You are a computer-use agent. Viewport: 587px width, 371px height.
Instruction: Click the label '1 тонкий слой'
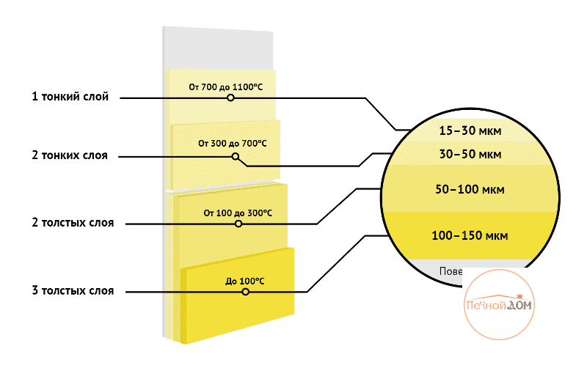point(70,97)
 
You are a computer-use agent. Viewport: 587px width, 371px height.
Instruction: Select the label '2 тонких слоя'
point(70,155)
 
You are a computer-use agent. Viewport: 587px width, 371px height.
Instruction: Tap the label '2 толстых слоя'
point(73,222)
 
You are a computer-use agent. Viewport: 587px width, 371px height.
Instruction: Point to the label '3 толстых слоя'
point(73,291)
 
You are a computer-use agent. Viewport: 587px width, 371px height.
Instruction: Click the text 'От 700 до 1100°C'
point(225,87)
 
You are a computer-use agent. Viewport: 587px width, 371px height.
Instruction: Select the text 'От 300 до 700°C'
point(232,144)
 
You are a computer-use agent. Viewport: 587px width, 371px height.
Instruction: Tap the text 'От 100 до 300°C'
point(238,213)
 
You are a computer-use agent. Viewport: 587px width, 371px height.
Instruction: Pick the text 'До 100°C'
point(245,281)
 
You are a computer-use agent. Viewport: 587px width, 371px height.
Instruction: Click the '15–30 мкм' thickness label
point(470,131)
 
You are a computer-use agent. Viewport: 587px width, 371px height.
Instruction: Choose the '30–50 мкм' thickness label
point(470,155)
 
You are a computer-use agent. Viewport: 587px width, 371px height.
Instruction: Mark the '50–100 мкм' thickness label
point(470,189)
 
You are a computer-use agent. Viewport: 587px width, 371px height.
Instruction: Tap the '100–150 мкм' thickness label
point(470,235)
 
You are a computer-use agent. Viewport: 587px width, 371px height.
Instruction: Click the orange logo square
point(499,304)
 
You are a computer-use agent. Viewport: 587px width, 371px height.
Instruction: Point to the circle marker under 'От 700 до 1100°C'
point(230,98)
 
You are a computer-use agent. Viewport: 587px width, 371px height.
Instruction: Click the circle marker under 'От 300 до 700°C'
point(236,156)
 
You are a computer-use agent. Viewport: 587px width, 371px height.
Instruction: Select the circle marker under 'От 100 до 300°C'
point(238,224)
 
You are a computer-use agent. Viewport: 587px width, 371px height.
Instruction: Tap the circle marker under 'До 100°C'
point(245,292)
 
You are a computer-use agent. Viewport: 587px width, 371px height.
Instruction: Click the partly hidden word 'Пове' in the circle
point(451,271)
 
